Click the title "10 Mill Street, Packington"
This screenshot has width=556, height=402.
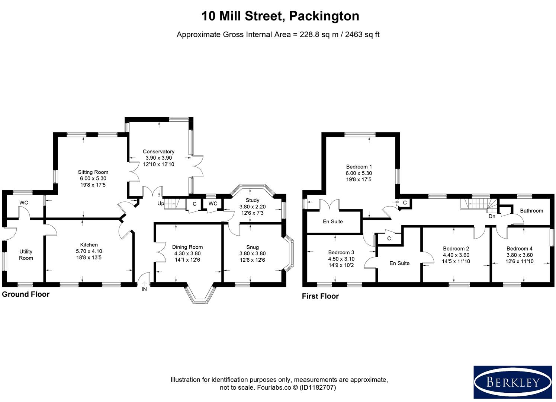280,16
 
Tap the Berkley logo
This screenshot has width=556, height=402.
512,382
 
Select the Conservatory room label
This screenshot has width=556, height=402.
158,151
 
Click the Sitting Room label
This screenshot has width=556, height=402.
93,172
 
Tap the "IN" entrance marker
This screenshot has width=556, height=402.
144,289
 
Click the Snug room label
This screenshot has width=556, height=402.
252,247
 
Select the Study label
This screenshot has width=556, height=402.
252,200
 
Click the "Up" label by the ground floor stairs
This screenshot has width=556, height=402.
161,204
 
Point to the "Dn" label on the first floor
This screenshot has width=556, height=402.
492,216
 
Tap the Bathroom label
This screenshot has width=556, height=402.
531,211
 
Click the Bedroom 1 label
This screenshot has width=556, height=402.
359,167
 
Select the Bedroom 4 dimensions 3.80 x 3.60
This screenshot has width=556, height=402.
519,255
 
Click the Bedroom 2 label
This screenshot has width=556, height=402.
456,249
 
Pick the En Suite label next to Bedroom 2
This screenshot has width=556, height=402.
399,263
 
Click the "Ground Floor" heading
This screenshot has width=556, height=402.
26,294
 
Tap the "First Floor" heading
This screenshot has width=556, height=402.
320,296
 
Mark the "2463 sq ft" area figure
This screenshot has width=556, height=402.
362,35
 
